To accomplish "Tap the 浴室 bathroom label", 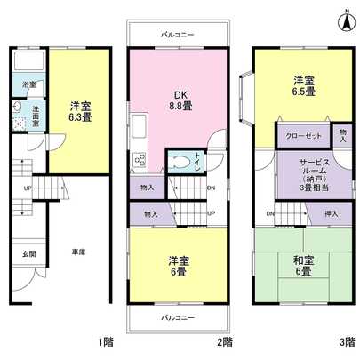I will coord(28,84).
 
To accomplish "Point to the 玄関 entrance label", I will coord(28,253).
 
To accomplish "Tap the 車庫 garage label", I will coord(77,252).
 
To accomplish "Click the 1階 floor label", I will coord(107,342).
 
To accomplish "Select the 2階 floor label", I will coord(226,342).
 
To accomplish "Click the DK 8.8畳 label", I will coord(181,100).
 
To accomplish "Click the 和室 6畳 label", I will coord(303,264).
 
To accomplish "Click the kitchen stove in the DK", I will coord(139,160).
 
